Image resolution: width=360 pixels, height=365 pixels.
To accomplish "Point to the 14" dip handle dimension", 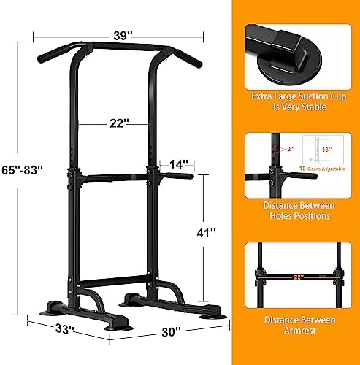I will point(175,165).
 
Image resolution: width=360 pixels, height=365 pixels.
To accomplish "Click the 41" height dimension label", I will point(207,234).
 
